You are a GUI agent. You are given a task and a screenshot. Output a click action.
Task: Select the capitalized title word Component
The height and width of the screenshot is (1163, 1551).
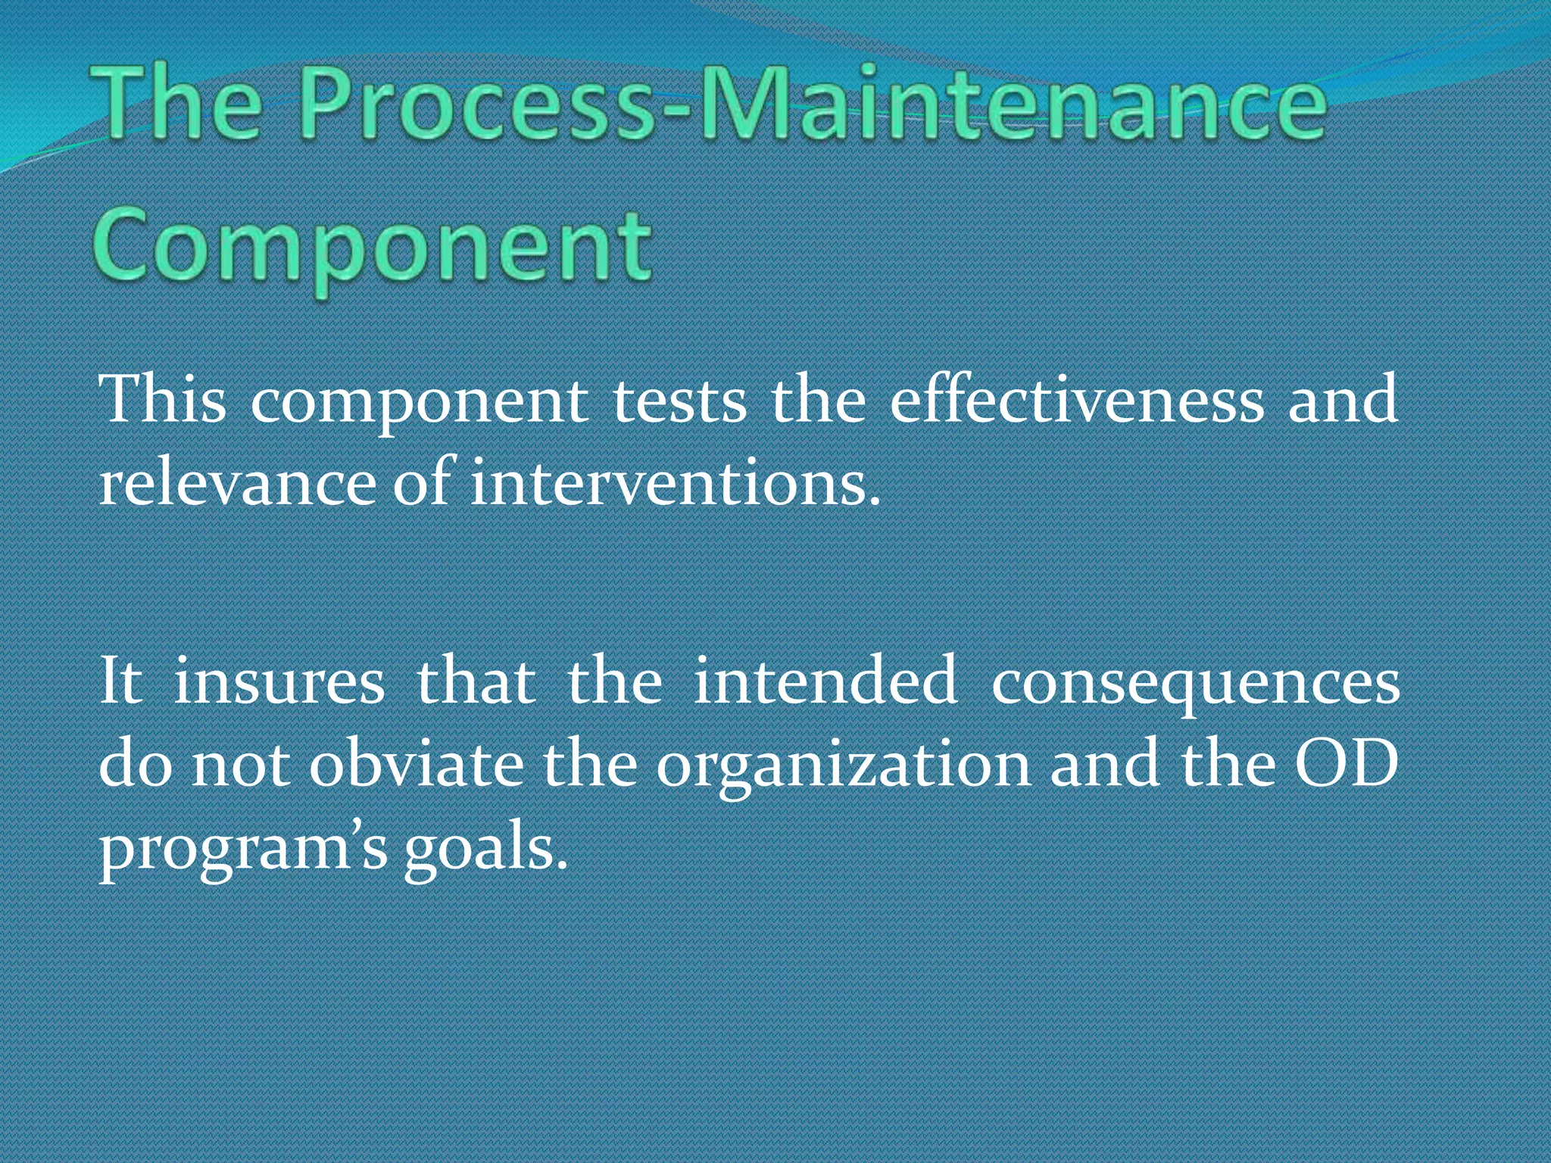[x=372, y=247]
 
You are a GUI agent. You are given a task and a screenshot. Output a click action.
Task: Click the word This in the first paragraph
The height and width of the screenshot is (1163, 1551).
[x=162, y=399]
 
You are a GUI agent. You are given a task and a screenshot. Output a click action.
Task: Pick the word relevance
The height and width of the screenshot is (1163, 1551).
[x=236, y=485]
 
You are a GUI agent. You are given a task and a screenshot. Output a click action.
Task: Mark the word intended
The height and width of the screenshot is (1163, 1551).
[x=825, y=680]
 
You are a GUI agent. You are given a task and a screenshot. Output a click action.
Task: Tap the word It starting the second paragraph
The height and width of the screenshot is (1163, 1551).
[x=120, y=680]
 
